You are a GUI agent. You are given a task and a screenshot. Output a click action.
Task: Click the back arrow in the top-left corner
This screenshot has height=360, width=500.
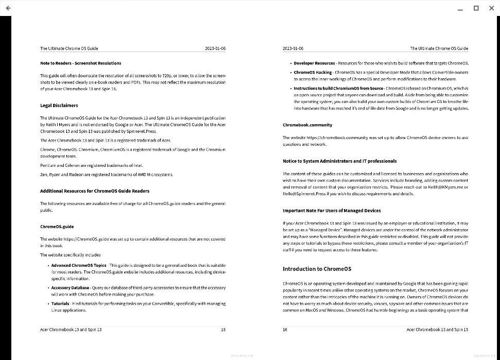8,8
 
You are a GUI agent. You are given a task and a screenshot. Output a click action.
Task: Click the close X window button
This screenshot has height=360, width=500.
491,8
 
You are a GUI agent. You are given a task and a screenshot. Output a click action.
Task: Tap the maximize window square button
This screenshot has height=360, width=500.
476,8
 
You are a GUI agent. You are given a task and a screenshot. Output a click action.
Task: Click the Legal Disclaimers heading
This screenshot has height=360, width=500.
59,106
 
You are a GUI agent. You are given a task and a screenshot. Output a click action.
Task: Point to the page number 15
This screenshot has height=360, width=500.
223,330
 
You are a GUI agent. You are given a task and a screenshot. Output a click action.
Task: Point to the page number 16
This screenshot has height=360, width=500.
285,330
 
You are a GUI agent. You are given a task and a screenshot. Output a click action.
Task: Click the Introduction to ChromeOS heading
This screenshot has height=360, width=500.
317,269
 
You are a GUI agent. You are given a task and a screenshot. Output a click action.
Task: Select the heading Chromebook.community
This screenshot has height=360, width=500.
307,125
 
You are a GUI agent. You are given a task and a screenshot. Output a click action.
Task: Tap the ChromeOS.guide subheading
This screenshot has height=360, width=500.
57,227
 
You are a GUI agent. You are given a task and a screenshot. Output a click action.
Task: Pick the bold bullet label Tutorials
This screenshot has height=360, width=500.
60,304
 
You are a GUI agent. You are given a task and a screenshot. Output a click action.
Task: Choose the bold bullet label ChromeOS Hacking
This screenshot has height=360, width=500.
313,73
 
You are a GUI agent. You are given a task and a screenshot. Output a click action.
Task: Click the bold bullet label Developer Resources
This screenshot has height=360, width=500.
314,63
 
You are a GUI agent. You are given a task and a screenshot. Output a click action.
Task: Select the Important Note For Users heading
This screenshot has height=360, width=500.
332,211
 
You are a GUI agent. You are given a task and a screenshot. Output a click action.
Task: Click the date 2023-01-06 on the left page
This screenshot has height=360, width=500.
215,48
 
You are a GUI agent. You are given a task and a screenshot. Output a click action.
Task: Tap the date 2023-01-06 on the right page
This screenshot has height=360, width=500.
293,48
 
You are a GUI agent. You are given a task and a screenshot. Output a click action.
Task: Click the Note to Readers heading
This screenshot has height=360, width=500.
81,63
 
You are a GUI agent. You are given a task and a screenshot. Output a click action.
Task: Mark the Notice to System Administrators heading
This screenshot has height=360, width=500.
339,161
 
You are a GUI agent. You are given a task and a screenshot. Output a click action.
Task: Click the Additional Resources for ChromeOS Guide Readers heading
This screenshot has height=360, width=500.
95,191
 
